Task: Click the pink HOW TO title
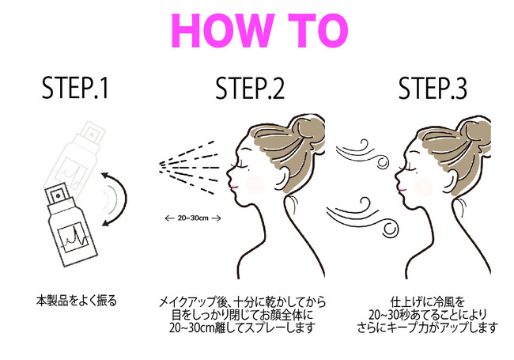[259, 31]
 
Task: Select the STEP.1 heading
[75, 88]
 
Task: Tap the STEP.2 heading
[250, 88]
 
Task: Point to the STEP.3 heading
[433, 88]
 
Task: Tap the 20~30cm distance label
[193, 218]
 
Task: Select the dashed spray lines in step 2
[188, 167]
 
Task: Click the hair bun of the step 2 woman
[308, 131]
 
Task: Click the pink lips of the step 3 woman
[403, 189]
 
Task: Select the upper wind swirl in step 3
[362, 154]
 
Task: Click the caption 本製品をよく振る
[77, 301]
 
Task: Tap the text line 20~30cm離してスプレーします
[242, 328]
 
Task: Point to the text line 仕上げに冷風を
[428, 301]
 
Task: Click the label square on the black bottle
[73, 237]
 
